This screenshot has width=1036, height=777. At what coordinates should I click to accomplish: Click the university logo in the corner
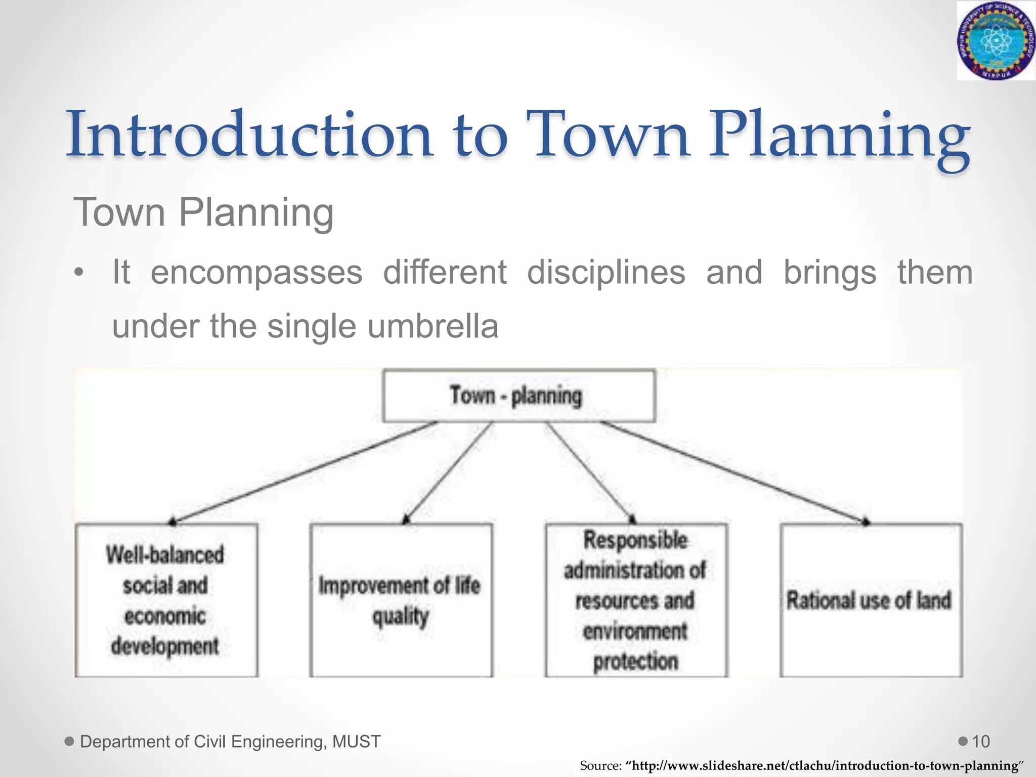996,40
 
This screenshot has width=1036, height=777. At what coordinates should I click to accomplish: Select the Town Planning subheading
203,212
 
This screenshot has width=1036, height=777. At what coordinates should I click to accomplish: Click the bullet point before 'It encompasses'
78,273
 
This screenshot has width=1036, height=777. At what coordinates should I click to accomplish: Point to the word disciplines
606,273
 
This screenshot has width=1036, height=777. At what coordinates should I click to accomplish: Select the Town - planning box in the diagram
519,396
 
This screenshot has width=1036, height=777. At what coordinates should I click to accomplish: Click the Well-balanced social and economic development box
166,600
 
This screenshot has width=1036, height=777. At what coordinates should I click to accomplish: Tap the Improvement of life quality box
401,600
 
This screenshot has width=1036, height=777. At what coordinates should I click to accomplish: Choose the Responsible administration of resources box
636,600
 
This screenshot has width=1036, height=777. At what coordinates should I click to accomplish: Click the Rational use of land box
870,600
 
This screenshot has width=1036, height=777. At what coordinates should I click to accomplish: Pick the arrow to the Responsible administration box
589,473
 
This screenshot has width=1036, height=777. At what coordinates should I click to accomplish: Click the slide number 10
980,742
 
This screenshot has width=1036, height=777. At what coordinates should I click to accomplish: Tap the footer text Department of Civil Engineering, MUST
230,742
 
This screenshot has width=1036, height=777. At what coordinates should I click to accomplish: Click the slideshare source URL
825,765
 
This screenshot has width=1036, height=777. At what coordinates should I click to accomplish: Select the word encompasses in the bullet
256,273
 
